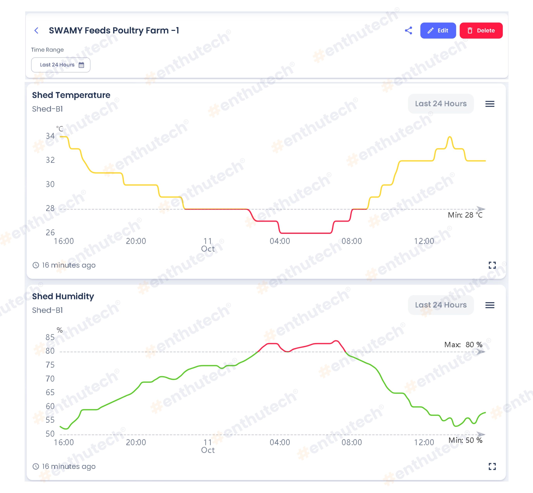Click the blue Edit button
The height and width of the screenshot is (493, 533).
click(438, 30)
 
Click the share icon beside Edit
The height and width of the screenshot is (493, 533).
click(408, 30)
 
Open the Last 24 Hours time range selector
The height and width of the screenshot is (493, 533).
click(61, 65)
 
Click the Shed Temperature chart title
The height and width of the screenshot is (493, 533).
click(71, 95)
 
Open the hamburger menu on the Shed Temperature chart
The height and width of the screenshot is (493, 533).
click(490, 104)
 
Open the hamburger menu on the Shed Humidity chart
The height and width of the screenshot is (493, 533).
click(490, 305)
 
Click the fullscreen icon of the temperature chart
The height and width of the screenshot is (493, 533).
click(492, 265)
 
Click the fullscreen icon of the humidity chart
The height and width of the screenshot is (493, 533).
click(492, 466)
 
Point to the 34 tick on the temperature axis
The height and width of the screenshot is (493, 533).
click(50, 136)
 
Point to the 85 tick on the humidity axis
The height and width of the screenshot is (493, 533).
click(50, 337)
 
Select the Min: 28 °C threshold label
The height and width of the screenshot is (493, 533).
click(465, 215)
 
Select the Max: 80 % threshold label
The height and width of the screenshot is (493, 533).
click(463, 344)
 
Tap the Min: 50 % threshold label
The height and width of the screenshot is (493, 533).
click(465, 440)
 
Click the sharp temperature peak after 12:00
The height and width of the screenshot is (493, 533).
click(450, 137)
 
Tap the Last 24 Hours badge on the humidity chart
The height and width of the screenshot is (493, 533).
click(441, 305)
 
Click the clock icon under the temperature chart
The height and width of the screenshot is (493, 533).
click(36, 265)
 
